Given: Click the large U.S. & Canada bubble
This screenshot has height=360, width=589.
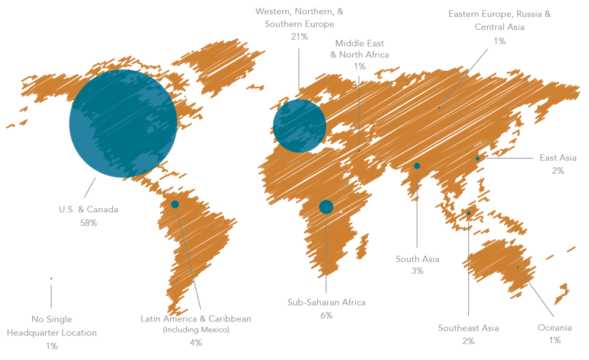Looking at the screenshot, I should click(x=123, y=123).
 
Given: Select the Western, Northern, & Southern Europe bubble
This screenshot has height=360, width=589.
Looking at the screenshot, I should click(x=299, y=125).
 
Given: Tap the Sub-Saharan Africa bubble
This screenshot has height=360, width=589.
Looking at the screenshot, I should click(x=326, y=207).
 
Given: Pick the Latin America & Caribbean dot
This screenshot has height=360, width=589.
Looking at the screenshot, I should click(x=175, y=204).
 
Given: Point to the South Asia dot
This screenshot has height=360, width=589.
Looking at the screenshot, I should click(x=417, y=166).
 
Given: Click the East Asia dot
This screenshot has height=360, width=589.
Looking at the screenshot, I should click(x=477, y=159).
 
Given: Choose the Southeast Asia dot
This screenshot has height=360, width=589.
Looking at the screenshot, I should click(x=468, y=213).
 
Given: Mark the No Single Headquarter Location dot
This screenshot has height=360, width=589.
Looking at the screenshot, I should click(x=51, y=278).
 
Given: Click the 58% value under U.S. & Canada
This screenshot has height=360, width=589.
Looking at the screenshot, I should click(x=89, y=223).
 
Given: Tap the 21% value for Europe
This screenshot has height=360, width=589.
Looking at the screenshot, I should click(x=300, y=37).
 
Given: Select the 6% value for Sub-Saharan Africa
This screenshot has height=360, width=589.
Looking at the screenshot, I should click(x=326, y=315).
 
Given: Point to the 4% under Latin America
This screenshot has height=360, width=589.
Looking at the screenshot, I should click(x=196, y=343).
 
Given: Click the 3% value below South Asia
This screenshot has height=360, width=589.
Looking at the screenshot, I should click(x=417, y=271).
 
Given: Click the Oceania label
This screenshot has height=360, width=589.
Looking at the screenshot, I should click(x=554, y=328).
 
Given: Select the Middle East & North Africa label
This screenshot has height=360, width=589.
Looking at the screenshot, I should click(x=359, y=49).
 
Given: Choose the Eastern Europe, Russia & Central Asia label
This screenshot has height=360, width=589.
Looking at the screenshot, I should click(x=499, y=20).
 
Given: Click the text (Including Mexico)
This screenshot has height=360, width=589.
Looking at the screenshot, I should click(x=196, y=330).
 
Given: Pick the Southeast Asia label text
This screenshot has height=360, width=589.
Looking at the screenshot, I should click(x=468, y=328).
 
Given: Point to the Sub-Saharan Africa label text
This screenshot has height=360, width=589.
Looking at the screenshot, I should click(x=326, y=302).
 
